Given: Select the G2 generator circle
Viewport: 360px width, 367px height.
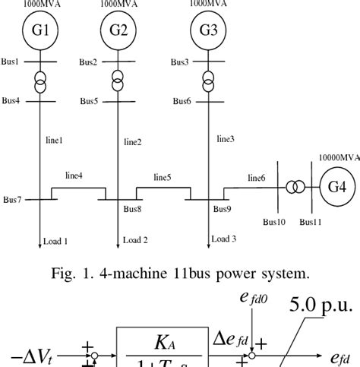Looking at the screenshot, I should coord(118,31).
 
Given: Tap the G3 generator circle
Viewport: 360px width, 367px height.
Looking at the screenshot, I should coord(207,31).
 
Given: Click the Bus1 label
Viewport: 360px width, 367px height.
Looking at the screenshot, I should coord(10,60).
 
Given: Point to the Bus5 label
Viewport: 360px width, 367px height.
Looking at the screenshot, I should coord(89,101).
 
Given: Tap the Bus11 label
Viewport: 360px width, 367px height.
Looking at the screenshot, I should coord(310,222).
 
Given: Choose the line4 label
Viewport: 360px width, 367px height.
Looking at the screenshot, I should coord(74,176).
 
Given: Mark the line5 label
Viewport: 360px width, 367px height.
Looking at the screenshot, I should coord(162,177).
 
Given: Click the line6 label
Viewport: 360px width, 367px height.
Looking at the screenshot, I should coord(256,178).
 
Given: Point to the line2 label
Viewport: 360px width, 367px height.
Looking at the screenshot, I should coord(133,142).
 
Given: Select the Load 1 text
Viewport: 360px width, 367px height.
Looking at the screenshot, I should coord(54,242).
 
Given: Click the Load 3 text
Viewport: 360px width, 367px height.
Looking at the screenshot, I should coord(223,239).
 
